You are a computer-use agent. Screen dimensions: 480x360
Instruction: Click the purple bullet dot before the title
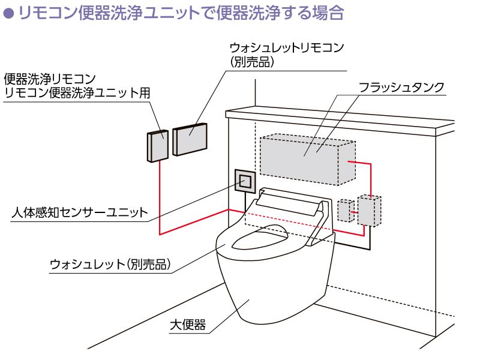[8, 13]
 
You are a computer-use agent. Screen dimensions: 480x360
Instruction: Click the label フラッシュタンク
[401, 88]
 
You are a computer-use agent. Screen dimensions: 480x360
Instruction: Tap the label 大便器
[188, 325]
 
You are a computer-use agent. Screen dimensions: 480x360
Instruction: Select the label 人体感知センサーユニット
[80, 212]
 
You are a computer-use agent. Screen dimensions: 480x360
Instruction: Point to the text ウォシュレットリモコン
[287, 48]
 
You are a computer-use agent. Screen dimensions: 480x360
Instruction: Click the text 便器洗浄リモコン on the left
[50, 79]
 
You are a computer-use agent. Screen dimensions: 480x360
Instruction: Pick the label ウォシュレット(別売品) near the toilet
[110, 264]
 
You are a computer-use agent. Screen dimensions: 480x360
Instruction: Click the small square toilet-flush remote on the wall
[158, 146]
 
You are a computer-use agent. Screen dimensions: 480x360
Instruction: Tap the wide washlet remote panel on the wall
[190, 139]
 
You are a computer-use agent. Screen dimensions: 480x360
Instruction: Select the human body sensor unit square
[245, 181]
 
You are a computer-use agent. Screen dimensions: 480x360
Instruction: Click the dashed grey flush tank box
[308, 159]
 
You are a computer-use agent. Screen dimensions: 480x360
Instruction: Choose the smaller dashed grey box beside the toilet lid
[346, 211]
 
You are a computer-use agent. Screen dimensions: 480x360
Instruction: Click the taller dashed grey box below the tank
[370, 211]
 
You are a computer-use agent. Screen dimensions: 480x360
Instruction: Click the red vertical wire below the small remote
[160, 198]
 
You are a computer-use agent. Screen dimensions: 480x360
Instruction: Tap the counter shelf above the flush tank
[340, 122]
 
